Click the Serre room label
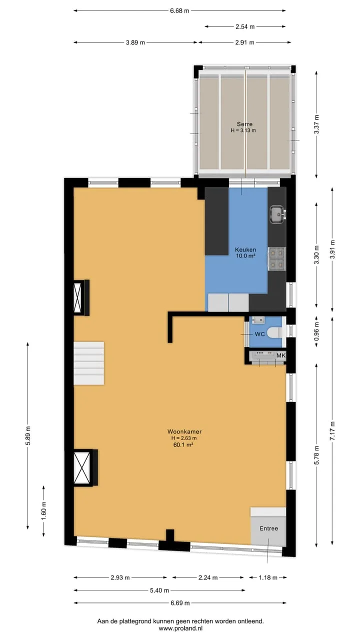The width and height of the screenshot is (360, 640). coord(244,124)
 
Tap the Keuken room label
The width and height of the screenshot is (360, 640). coord(245,249)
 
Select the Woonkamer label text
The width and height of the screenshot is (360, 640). coord(184,431)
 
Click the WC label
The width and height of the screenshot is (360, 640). coord(259,334)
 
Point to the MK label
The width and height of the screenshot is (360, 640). coord(281,355)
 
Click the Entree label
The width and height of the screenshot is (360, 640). coord(269,528)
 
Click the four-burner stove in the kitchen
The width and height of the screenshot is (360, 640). coord(277,259)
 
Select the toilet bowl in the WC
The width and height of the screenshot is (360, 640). coord(274,333)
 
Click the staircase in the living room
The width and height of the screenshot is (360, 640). coord(89,363)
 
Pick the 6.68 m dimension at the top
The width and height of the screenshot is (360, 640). coord(179,11)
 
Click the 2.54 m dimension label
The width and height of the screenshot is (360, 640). coord(245,26)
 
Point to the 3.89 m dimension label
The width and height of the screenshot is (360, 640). coord(135,42)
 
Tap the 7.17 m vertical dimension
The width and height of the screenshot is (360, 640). coord(332,430)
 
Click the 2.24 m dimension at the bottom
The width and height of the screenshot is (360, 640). coord(208,577)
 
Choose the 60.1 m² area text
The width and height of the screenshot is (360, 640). coord(183,444)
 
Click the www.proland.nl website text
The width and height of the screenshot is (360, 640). coord(180,628)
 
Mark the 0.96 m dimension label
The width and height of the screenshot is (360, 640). coord(316,331)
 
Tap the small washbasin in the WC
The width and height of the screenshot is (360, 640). coord(258,320)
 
